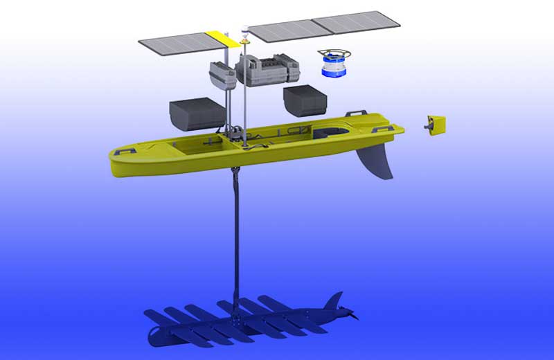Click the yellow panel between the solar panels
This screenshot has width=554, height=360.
[223, 37]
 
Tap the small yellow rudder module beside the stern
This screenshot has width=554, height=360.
[436, 125]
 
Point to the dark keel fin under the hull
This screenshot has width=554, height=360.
[375, 161]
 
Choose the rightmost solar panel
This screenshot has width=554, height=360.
[356, 22]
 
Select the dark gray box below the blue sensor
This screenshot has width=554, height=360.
[305, 100]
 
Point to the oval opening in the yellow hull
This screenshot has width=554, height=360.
[330, 132]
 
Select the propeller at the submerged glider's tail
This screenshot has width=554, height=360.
[354, 318]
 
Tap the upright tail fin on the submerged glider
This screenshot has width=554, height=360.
[334, 301]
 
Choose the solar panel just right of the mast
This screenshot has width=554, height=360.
[280, 30]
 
